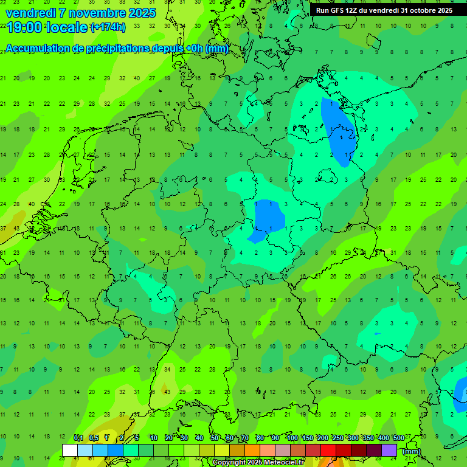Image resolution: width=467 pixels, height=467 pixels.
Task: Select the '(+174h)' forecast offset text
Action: tap(108, 27)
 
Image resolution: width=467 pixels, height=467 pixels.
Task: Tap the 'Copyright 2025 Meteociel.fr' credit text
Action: tap(259, 463)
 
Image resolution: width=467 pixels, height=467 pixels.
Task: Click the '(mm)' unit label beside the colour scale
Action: tap(412, 451)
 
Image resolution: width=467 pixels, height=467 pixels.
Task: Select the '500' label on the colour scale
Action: tap(399, 438)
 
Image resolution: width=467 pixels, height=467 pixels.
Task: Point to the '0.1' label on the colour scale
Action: tap(78, 438)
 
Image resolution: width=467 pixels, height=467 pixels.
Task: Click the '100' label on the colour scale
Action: tap(292, 438)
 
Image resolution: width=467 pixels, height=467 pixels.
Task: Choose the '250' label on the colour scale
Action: tap(338, 438)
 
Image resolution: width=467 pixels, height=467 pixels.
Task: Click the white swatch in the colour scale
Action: tap(70, 450)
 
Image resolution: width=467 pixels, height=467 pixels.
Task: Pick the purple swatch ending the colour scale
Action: tap(389, 450)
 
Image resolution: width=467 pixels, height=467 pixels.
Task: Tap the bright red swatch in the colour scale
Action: tap(328, 450)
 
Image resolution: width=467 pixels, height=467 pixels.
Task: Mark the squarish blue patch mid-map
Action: tap(269, 216)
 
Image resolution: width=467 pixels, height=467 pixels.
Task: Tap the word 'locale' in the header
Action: tap(66, 27)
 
